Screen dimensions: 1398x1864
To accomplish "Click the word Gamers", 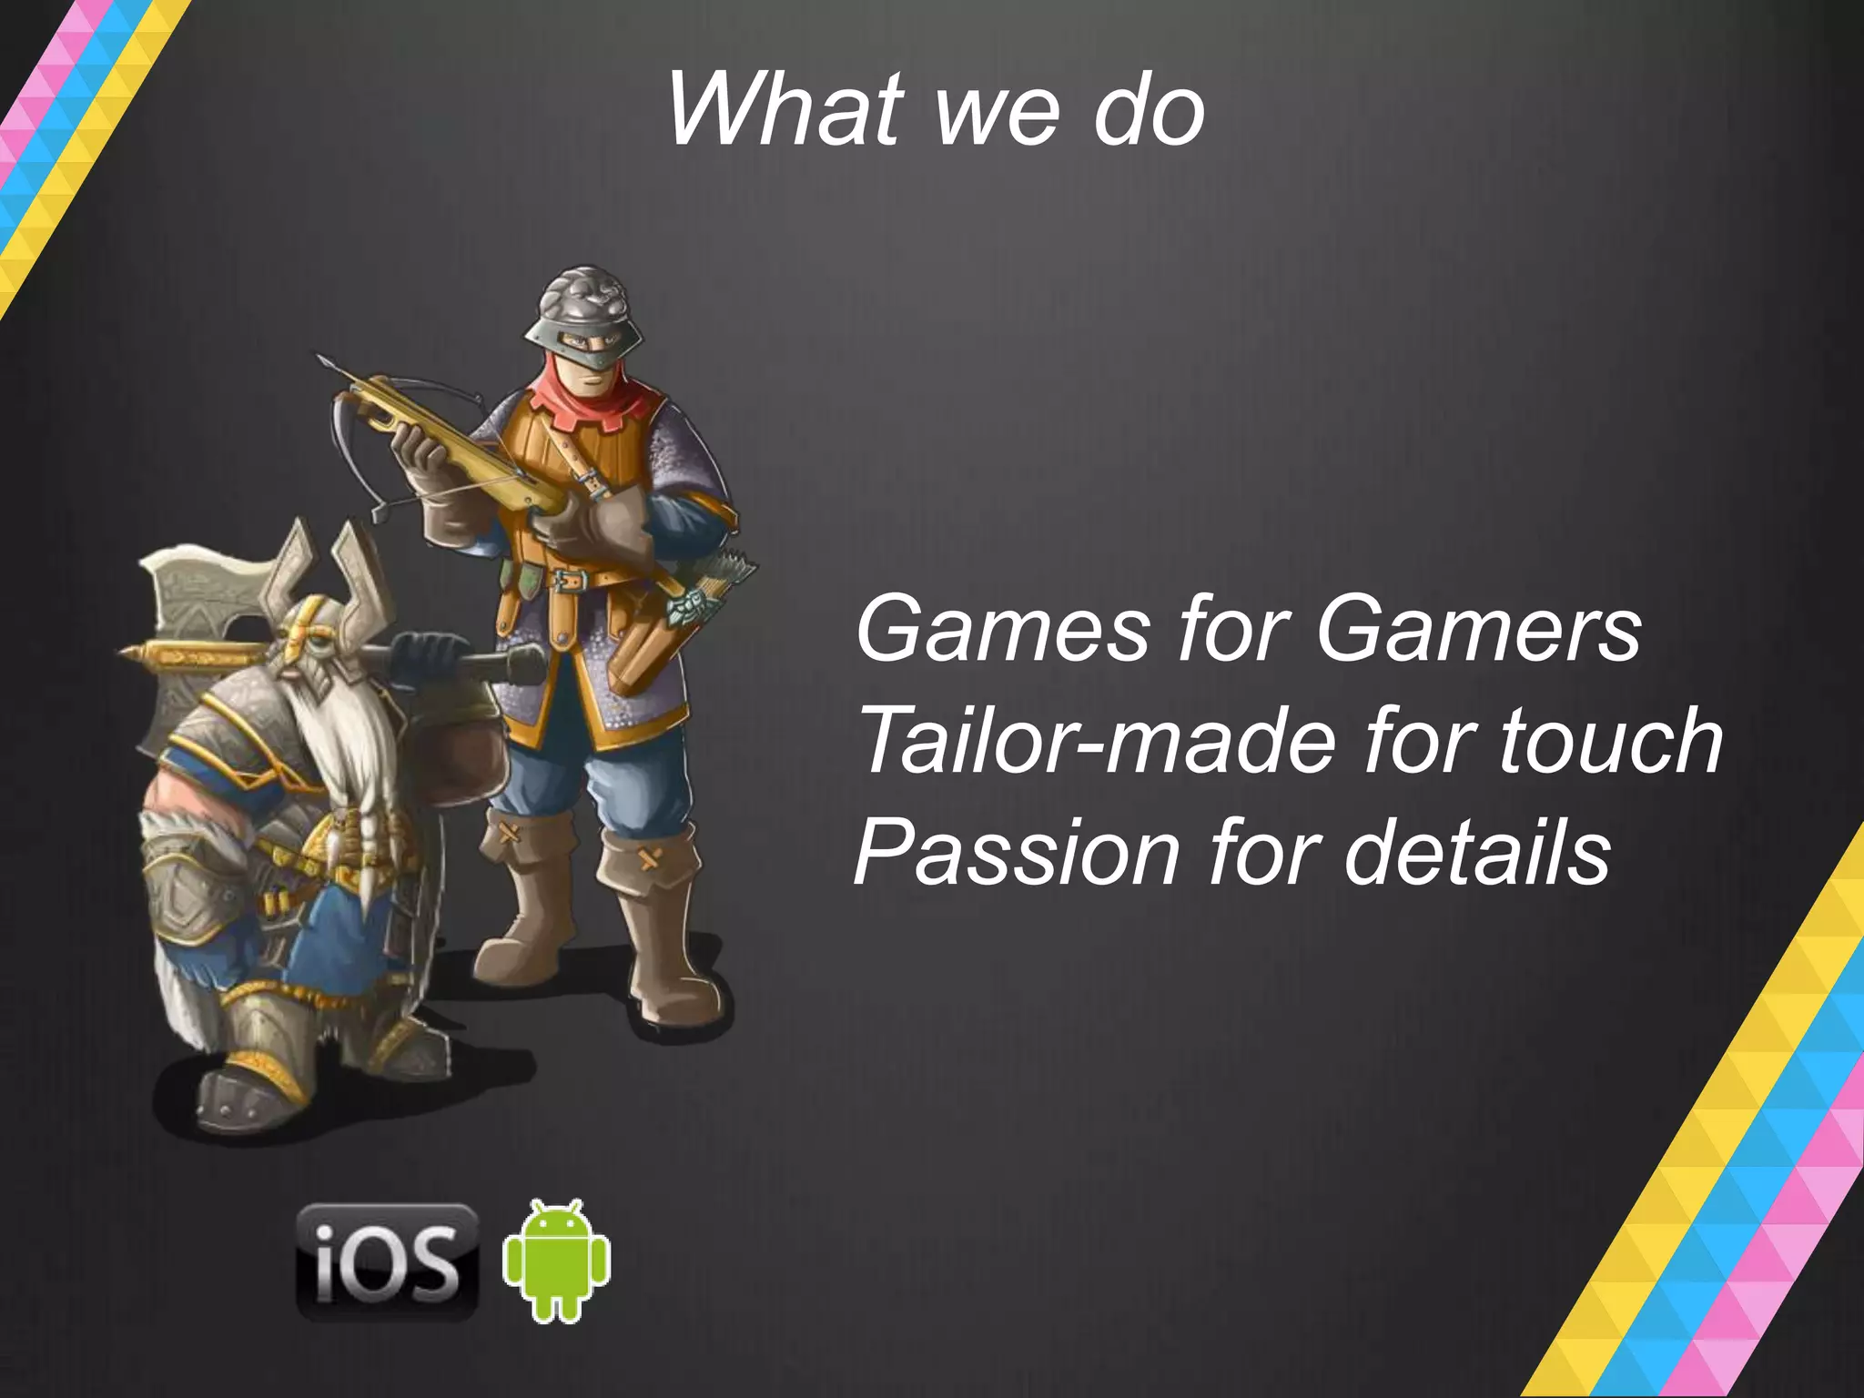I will click(1478, 630).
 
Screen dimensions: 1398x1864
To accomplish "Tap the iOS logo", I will click(388, 1261).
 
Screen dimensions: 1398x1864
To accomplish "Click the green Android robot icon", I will click(556, 1261).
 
